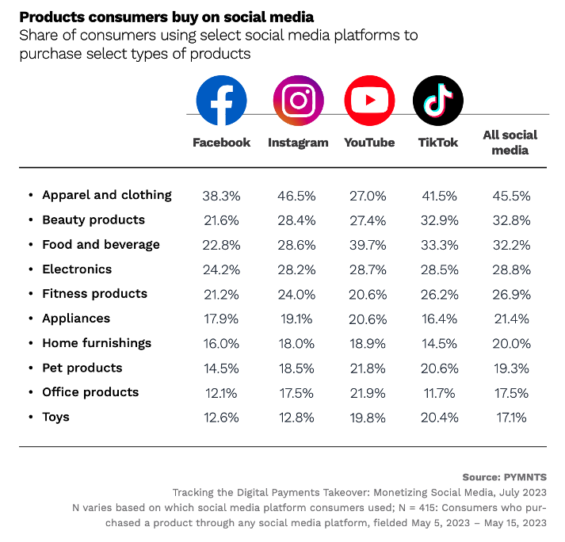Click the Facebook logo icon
(221, 101)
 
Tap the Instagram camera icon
(298, 101)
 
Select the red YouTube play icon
(369, 101)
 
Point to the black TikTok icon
(438, 101)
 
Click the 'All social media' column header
(510, 142)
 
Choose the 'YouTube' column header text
(369, 143)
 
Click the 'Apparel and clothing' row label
(106, 195)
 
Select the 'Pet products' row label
(82, 368)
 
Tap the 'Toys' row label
(55, 417)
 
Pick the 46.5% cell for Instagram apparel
(297, 195)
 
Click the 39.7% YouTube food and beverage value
(368, 244)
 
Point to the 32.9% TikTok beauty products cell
(437, 219)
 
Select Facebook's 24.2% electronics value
(221, 269)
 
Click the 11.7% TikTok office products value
(437, 392)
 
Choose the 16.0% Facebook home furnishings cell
(221, 343)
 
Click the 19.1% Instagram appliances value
(297, 319)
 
